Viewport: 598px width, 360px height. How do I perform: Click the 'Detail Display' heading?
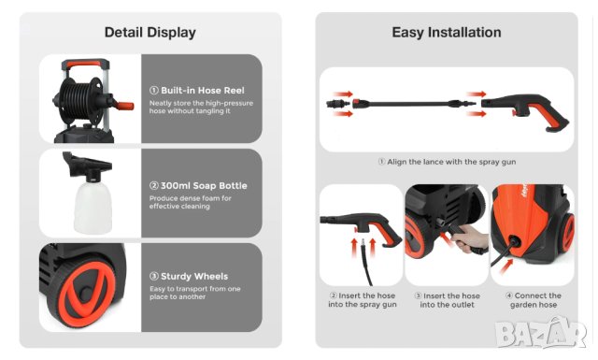click(150, 33)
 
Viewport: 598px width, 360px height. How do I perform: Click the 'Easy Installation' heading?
click(447, 33)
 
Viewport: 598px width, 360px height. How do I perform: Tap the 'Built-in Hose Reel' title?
click(203, 91)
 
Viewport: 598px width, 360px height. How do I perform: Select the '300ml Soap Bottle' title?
click(204, 186)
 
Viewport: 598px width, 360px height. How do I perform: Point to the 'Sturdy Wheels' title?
click(194, 277)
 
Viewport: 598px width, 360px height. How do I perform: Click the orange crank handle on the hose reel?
click(123, 106)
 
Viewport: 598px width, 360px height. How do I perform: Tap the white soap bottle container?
click(93, 208)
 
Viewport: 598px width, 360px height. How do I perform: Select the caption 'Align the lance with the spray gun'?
click(451, 162)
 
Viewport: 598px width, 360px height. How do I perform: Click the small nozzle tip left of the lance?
click(338, 104)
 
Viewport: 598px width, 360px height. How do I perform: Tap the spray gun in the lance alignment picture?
click(525, 111)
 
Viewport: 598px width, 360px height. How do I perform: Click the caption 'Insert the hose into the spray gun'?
click(363, 300)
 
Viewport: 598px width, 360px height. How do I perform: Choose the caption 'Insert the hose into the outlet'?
click(448, 300)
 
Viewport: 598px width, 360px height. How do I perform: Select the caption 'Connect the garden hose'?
click(534, 300)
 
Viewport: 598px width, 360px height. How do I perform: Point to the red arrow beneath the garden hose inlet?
click(506, 266)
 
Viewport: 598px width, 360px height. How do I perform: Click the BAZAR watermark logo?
click(542, 333)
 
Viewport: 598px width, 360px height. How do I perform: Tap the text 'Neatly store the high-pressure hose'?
click(202, 103)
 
